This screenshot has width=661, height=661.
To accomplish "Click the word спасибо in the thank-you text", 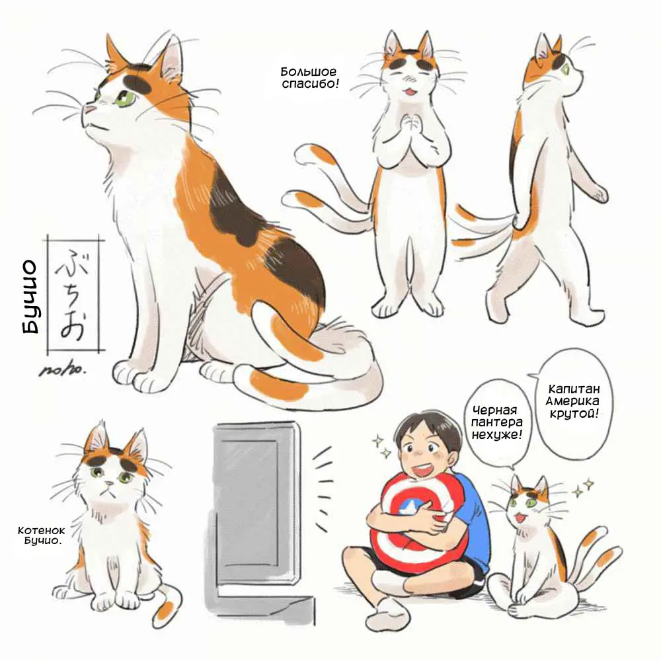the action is pos(310,83).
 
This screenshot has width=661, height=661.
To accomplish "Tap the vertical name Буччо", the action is pos(30,296).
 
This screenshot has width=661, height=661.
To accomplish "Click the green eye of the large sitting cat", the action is pos(126,99).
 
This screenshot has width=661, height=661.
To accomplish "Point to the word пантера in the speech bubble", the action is pos(497,422).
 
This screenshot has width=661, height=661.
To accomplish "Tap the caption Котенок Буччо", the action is pos(41,535).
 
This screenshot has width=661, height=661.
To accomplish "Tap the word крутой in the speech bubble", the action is pos(574,414).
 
